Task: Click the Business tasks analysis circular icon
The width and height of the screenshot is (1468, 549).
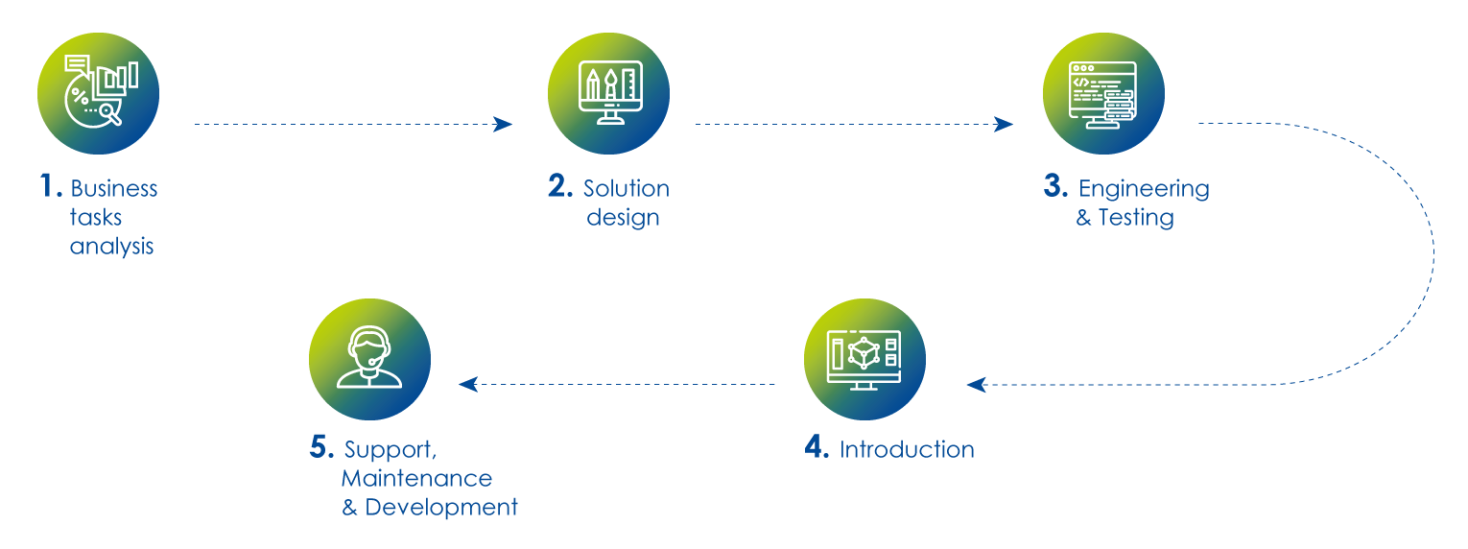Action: coord(98,94)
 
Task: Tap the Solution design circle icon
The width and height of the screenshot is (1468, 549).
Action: coord(609,94)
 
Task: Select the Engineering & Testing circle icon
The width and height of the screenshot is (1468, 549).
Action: coord(1103,94)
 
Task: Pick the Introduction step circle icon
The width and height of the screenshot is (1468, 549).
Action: coord(865,359)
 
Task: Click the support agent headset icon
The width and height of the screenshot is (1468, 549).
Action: coord(369,359)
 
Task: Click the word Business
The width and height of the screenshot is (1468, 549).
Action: coord(114,189)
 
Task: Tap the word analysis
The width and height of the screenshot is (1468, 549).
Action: coord(112,247)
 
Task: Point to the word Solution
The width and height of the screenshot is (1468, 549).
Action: coord(627,189)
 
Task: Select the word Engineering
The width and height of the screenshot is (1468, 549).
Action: coord(1145,190)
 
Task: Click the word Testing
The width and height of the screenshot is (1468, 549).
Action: coord(1136,218)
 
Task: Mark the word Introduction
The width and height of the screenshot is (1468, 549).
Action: coord(907,450)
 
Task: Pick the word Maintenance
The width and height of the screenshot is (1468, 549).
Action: coord(416,479)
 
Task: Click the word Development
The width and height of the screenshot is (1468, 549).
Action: coord(441,508)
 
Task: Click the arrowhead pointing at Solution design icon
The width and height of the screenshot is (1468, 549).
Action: coord(503,124)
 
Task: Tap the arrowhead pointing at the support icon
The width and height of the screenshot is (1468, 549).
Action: coord(468,384)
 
